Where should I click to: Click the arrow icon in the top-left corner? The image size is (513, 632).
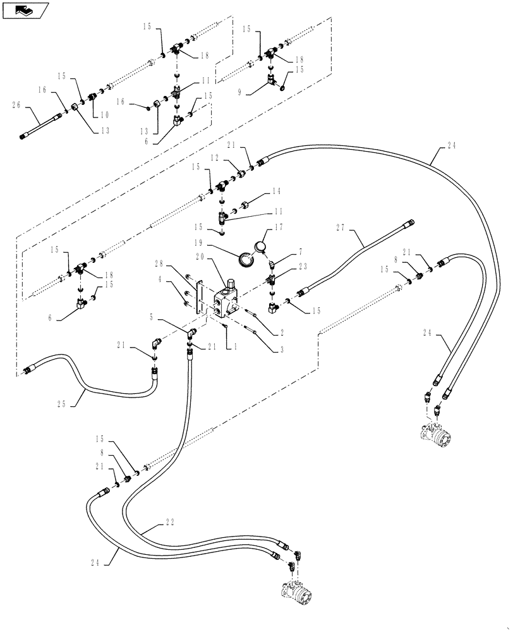click(25, 10)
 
